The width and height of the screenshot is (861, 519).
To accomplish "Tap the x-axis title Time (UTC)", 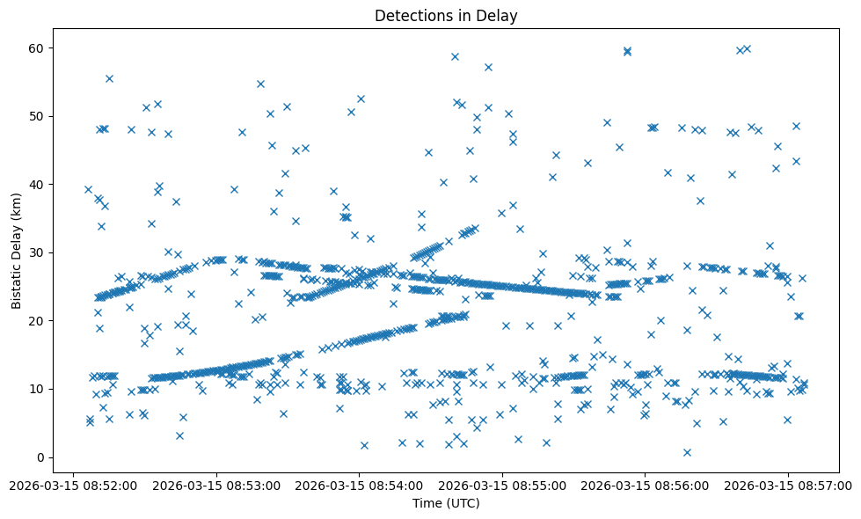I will click(x=446, y=503).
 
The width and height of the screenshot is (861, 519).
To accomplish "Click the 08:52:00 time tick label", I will click(x=73, y=484).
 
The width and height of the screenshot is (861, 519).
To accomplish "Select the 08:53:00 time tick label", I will click(x=216, y=484).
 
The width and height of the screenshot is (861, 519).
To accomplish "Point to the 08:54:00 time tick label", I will click(x=359, y=484).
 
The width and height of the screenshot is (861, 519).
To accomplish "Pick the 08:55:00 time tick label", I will click(x=502, y=484).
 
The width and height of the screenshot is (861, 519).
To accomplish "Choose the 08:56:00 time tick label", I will click(x=645, y=484).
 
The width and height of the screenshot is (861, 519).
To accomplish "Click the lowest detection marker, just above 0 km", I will click(x=687, y=452).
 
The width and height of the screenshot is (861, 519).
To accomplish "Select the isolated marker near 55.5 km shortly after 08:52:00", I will click(x=109, y=78).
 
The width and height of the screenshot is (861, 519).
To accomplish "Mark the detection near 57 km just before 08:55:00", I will click(x=488, y=67).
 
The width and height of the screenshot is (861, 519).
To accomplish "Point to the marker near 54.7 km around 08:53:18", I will click(x=260, y=84).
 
